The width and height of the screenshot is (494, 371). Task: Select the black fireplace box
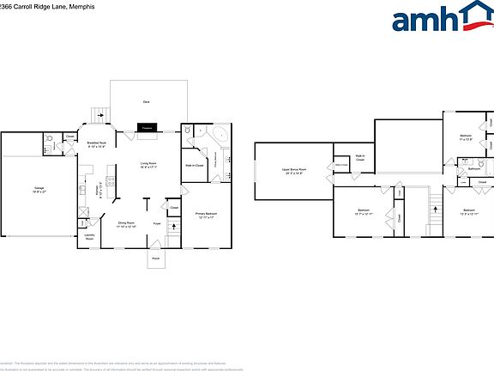147,127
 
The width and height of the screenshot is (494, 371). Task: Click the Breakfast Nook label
97,143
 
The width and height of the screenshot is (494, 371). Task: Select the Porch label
156,258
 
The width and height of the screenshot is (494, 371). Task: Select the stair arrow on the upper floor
434,205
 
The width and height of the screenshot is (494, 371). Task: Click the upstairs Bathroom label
473,169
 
